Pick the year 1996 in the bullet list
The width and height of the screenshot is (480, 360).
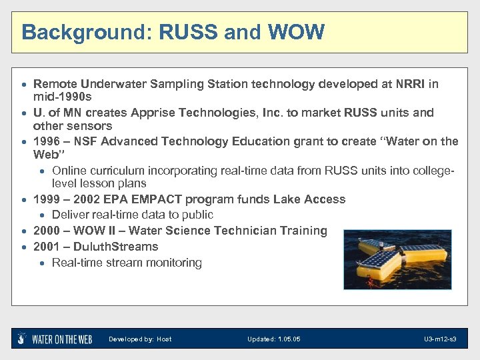(x=47, y=141)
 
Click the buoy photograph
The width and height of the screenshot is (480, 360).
(x=397, y=259)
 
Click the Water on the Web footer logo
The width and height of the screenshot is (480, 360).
(x=55, y=339)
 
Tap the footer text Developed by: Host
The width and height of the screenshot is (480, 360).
(x=140, y=339)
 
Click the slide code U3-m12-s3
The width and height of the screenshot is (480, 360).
(x=440, y=339)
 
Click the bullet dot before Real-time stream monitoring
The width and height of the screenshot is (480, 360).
(x=43, y=263)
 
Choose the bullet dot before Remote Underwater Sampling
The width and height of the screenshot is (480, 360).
(x=25, y=85)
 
